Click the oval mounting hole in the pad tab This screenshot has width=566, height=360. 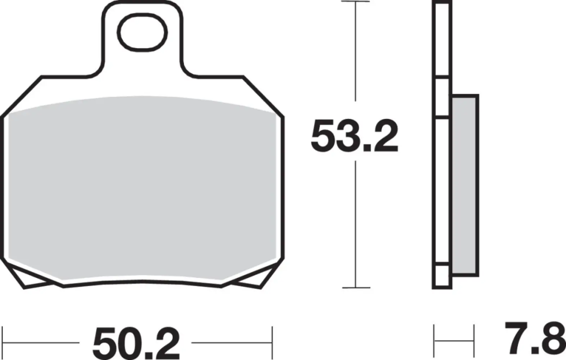pyautogui.click(x=144, y=32)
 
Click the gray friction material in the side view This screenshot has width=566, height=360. pyautogui.click(x=464, y=185)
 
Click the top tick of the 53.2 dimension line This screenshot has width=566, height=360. pyautogui.click(x=356, y=2)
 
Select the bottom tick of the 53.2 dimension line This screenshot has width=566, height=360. pyautogui.click(x=356, y=288)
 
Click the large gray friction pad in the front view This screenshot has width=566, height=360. pyautogui.click(x=142, y=187)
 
